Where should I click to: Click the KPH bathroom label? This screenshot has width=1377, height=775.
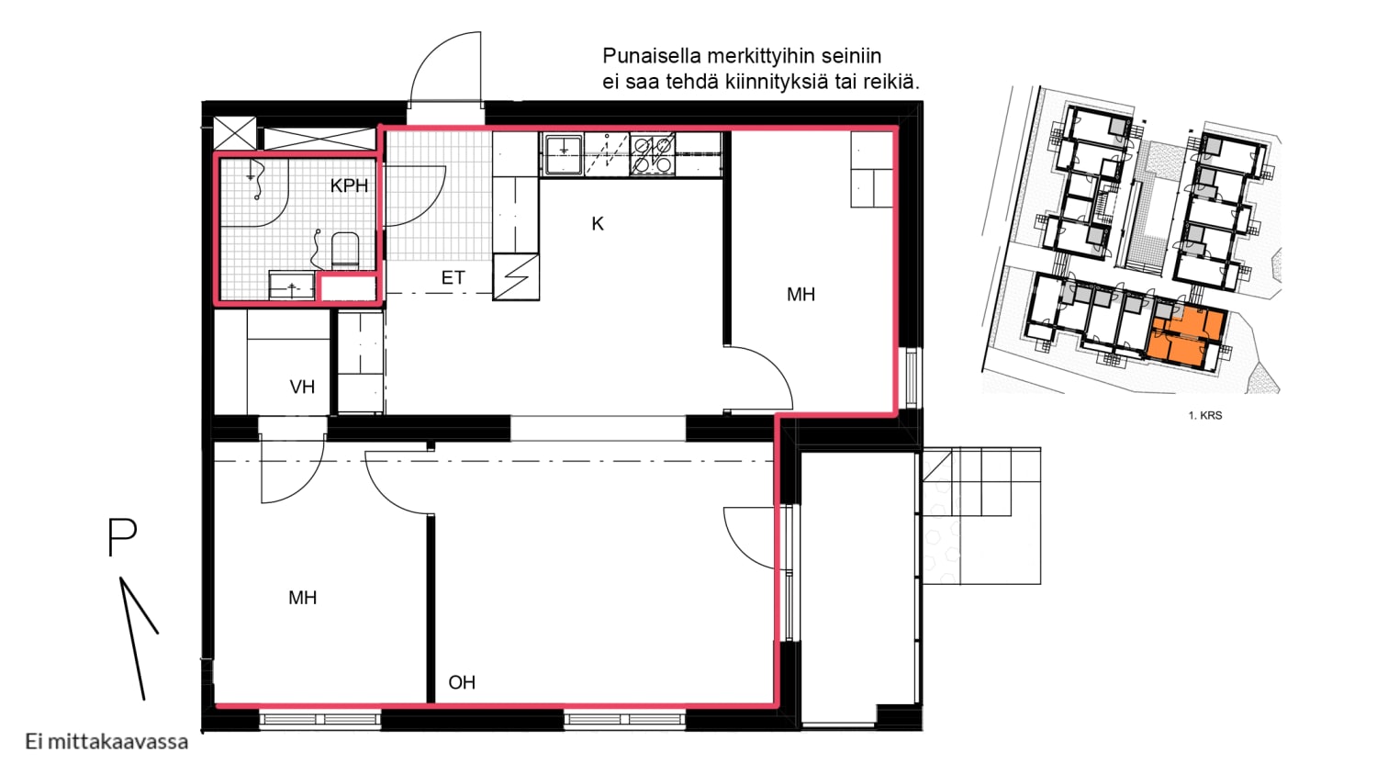click(349, 185)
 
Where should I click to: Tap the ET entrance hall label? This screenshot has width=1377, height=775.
click(453, 277)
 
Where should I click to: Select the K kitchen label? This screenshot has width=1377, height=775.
click(598, 224)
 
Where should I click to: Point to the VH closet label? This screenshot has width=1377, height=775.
click(302, 387)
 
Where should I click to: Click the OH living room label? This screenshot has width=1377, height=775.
click(462, 682)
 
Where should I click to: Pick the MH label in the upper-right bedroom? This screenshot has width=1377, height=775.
click(801, 294)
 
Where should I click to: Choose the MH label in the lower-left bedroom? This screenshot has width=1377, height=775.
click(302, 597)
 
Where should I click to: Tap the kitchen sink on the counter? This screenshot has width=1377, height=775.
click(562, 154)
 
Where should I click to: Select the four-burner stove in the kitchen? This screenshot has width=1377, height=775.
click(653, 154)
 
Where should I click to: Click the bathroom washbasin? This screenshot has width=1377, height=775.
click(291, 286)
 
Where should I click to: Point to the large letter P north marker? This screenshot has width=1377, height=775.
click(122, 537)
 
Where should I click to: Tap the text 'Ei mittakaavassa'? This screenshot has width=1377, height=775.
click(106, 742)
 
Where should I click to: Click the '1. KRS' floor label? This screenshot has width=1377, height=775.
click(1204, 416)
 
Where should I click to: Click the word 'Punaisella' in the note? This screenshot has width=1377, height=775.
click(652, 56)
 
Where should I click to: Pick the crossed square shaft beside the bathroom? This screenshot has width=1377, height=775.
click(234, 133)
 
